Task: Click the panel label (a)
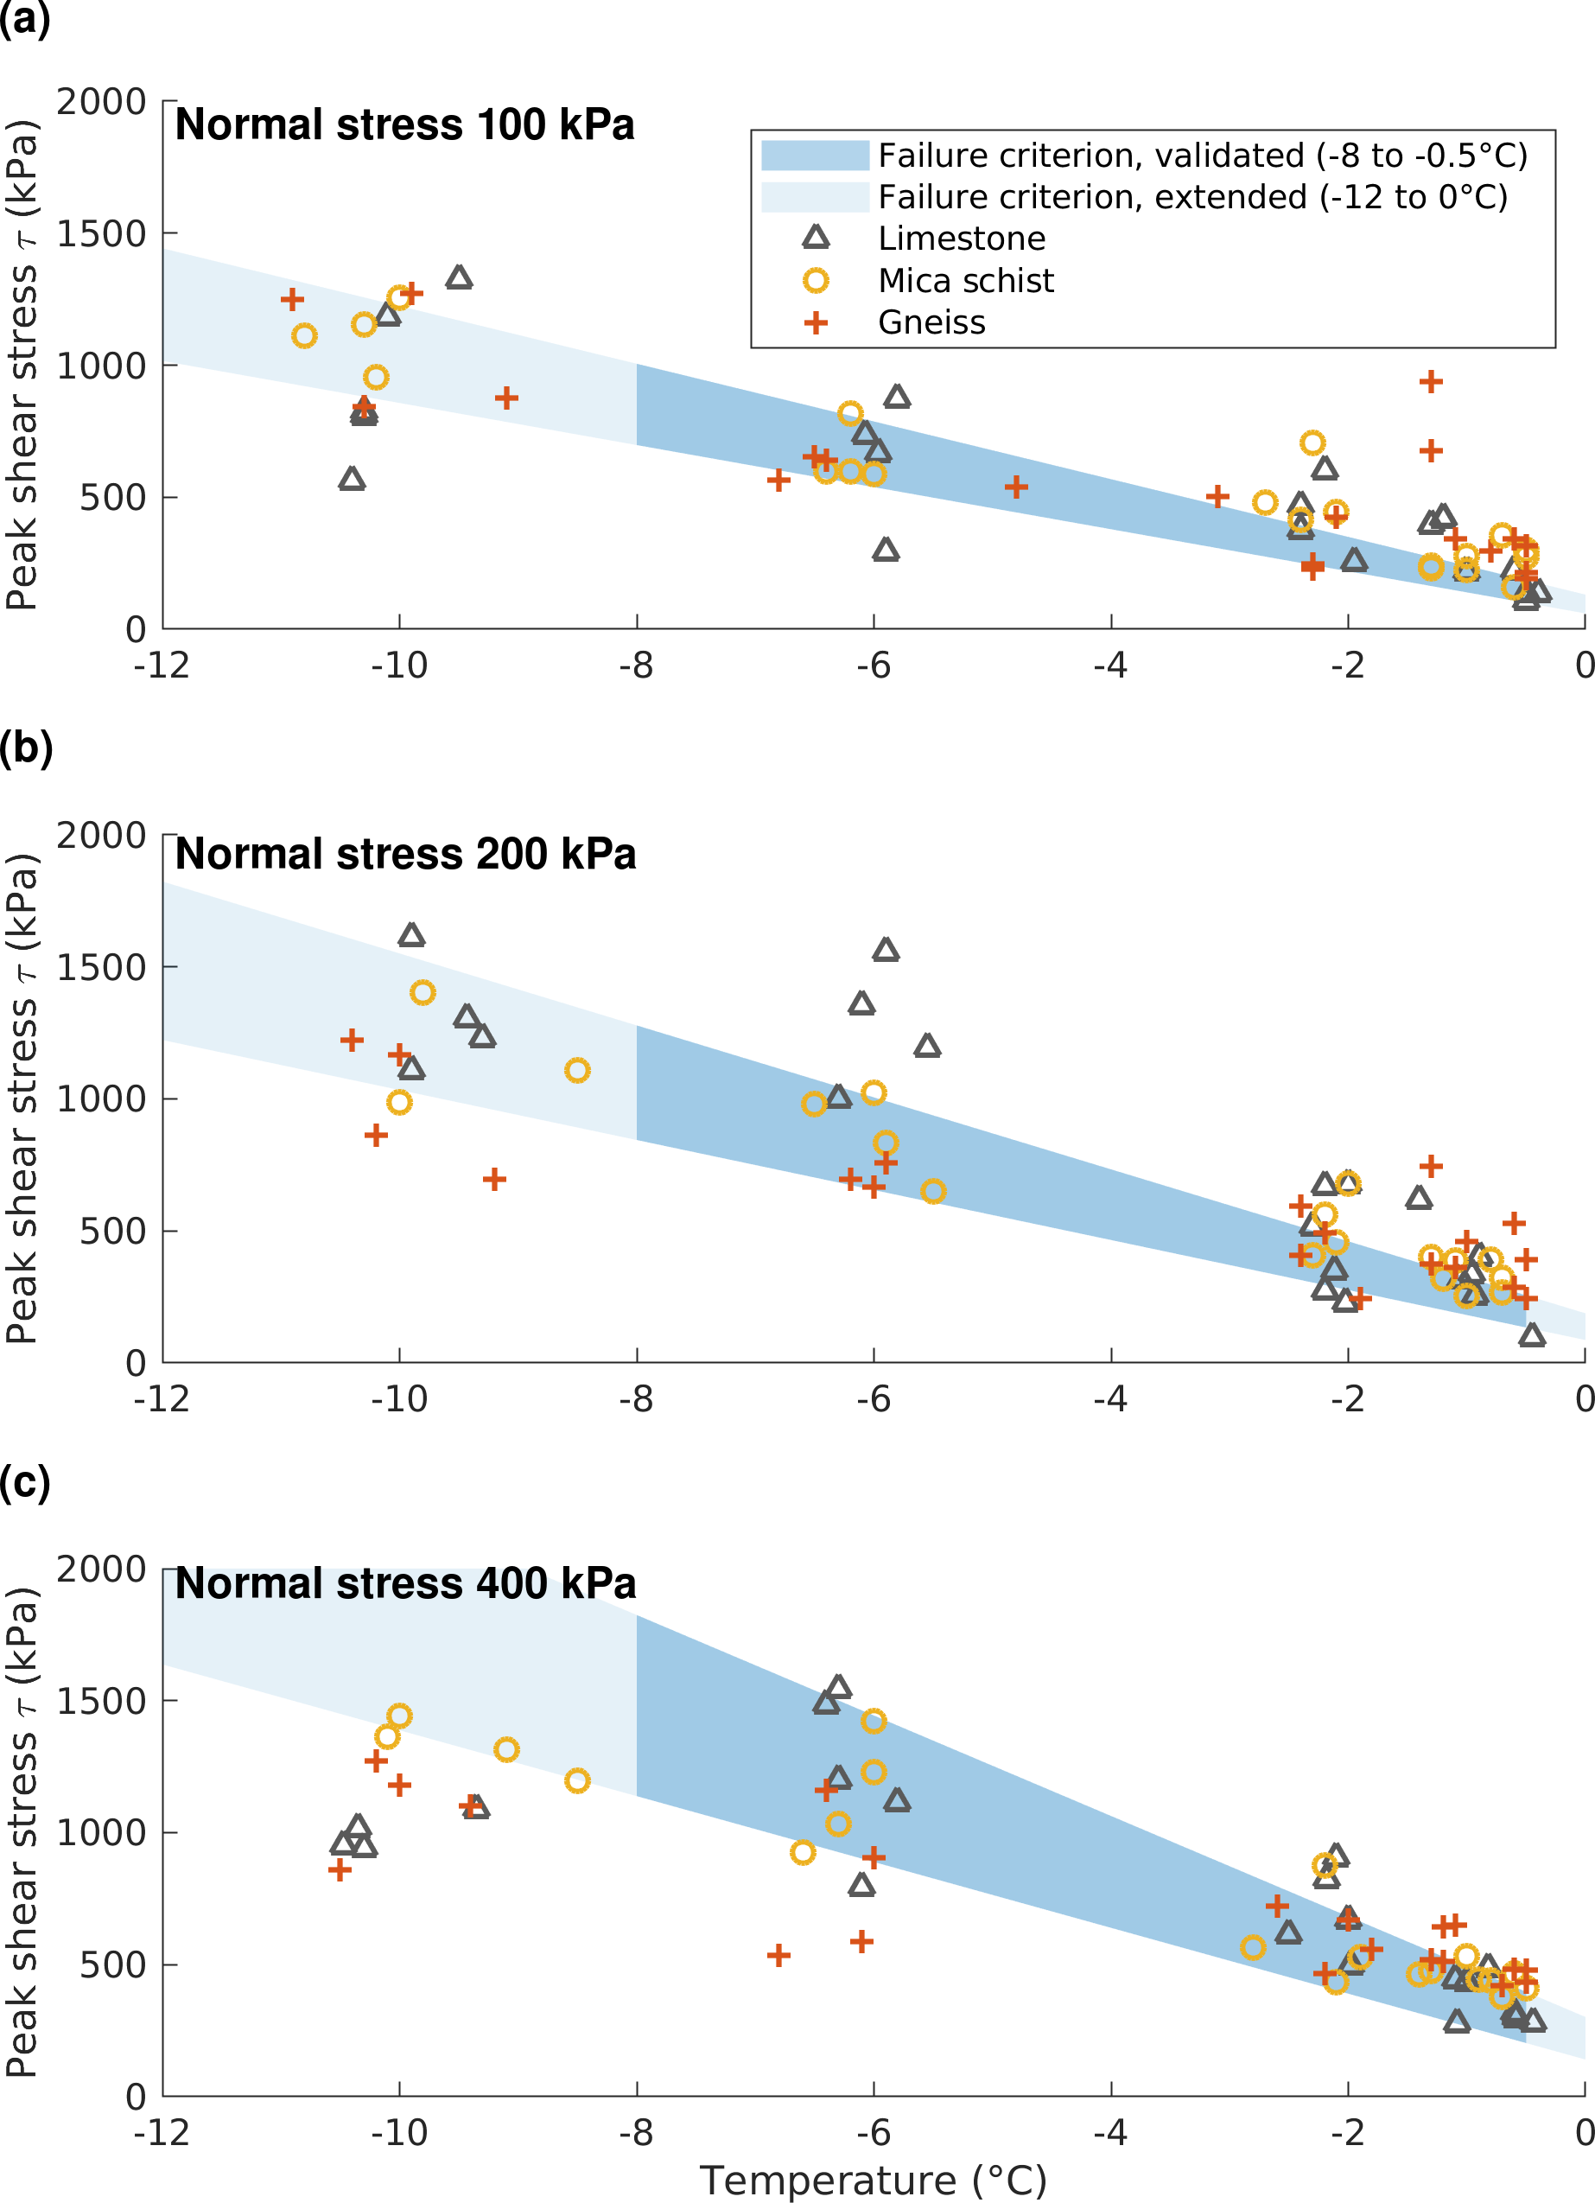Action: click(24, 19)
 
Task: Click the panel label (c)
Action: click(24, 1482)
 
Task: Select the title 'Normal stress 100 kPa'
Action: click(404, 125)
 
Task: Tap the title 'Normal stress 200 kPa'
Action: click(405, 855)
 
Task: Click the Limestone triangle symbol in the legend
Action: click(816, 238)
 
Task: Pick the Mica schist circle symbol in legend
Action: click(816, 281)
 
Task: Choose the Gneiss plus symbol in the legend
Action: click(816, 322)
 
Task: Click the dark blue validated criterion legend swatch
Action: click(814, 156)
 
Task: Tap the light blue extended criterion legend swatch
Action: click(814, 197)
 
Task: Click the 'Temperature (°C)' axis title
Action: click(873, 2181)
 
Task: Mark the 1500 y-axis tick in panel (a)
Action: click(101, 234)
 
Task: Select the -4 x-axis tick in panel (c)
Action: click(1110, 2133)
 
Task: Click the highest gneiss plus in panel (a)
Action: click(1430, 382)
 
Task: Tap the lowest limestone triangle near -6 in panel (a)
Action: click(885, 551)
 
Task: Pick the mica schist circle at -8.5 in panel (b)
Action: click(577, 1071)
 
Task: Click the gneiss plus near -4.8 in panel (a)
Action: click(1016, 487)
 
